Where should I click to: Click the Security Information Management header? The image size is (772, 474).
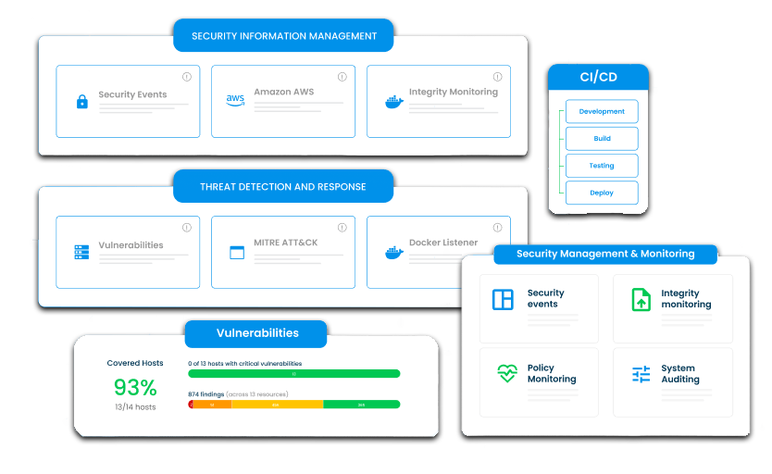tap(283, 36)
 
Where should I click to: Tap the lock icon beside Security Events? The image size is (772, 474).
tap(81, 102)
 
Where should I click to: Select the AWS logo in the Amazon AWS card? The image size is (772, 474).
tap(235, 100)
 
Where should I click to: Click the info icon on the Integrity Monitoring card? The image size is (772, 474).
tap(497, 77)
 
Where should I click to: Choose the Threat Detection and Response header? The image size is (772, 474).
tap(283, 186)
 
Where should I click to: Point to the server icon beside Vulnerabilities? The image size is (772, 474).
tap(81, 252)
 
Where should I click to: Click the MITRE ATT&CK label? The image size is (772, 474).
tap(286, 243)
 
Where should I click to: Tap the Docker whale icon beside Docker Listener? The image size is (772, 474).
tap(393, 252)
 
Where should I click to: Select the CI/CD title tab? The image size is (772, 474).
tap(597, 77)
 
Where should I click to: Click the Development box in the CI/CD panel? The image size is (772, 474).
tap(602, 111)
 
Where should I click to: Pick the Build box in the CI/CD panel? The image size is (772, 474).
tap(602, 139)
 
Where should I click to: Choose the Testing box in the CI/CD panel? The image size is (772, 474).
tap(602, 166)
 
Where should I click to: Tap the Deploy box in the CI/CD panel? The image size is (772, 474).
tap(602, 193)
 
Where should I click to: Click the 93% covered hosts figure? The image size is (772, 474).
tap(135, 387)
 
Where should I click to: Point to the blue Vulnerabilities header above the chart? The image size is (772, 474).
tap(256, 333)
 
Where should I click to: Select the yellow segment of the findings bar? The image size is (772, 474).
tap(275, 405)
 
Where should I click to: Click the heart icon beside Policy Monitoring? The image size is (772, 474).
tap(506, 373)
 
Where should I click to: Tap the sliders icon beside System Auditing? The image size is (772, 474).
tap(641, 374)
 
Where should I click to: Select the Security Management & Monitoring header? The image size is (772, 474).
tap(605, 254)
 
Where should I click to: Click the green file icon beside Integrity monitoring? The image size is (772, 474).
tap(641, 299)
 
